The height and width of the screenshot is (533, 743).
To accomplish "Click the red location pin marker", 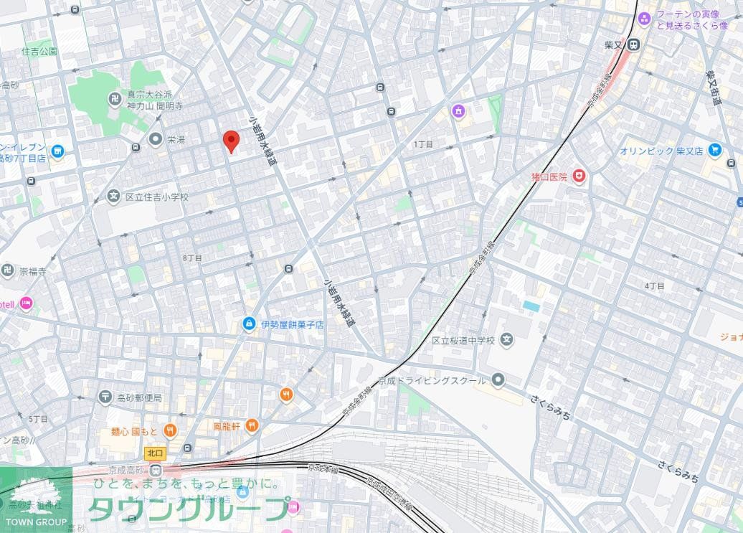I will (230, 141).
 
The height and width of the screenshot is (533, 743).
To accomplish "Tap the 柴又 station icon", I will (633, 45).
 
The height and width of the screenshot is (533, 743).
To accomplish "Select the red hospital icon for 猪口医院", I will (579, 176).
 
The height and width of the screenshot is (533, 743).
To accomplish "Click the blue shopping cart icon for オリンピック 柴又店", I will (714, 150).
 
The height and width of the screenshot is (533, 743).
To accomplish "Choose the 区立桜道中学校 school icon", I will (507, 339).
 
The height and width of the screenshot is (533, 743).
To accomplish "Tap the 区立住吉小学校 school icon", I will (113, 195).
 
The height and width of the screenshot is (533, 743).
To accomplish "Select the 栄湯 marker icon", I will (155, 139).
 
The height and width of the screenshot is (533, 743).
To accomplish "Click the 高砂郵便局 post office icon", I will (105, 397).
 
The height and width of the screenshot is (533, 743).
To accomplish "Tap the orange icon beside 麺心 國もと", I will (170, 430).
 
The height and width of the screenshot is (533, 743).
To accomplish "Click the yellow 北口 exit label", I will (155, 453).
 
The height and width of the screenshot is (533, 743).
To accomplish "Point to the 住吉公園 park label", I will (39, 52).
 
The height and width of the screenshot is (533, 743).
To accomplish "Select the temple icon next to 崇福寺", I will (8, 270).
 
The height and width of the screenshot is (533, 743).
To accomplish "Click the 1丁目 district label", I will (423, 144).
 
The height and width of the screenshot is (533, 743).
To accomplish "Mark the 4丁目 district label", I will (654, 285).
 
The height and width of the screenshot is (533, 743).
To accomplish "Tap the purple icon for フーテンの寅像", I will (644, 19).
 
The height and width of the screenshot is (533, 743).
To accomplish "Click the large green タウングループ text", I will (188, 509).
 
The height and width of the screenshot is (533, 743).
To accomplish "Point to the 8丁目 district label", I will (192, 257).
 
